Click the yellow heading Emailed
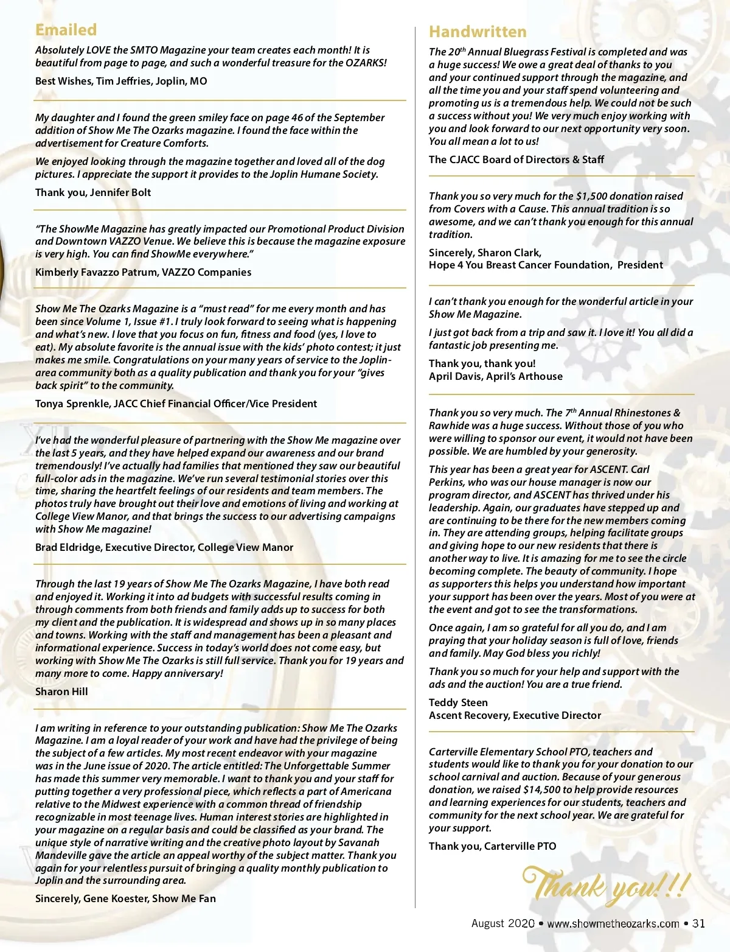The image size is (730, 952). point(66,30)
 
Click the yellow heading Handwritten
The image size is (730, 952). point(478,32)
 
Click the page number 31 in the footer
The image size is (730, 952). point(698,923)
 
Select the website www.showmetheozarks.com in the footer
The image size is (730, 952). point(613,923)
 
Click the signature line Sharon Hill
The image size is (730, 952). point(61,691)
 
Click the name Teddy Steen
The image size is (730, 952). point(458,702)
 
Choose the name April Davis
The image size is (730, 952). point(454,376)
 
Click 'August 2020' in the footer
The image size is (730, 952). point(502,923)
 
